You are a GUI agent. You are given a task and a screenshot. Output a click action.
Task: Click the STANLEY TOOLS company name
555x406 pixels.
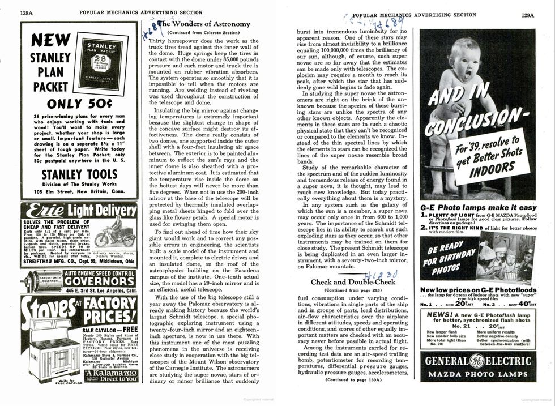(79, 175)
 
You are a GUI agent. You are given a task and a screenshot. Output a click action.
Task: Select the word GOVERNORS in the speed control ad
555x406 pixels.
(100, 281)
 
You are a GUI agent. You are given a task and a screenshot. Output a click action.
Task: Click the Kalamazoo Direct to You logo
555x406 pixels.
(110, 376)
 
